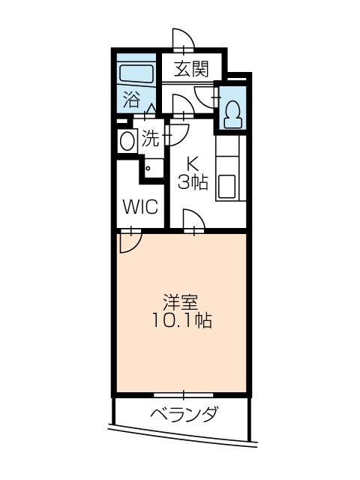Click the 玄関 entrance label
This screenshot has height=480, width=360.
point(191,70)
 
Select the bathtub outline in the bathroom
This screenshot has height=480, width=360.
point(136,74)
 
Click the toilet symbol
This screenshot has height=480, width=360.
point(232,111)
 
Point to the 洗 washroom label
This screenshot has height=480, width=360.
point(151,139)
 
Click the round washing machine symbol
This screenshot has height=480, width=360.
point(125,139)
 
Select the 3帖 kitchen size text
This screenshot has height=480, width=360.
point(192,181)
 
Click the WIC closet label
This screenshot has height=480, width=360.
point(139,206)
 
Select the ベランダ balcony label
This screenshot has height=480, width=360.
point(183,414)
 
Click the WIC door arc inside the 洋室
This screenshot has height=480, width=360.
point(129,241)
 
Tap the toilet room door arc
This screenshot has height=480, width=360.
point(204,96)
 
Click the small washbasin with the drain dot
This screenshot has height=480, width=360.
point(154,168)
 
